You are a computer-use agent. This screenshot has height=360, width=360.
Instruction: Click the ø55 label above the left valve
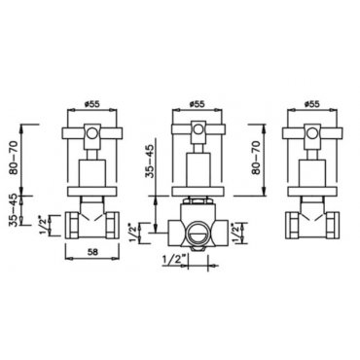(x=91, y=104)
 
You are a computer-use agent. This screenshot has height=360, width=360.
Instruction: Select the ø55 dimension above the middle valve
(x=197, y=104)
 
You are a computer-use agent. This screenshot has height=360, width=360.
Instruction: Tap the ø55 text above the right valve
(x=311, y=104)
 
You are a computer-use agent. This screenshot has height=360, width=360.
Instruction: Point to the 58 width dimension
(x=92, y=251)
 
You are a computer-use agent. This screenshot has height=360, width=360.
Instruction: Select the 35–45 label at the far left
(x=14, y=209)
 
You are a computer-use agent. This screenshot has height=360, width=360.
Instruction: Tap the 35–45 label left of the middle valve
(x=150, y=162)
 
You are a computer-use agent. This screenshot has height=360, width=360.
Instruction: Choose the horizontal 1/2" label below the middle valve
(x=173, y=260)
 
